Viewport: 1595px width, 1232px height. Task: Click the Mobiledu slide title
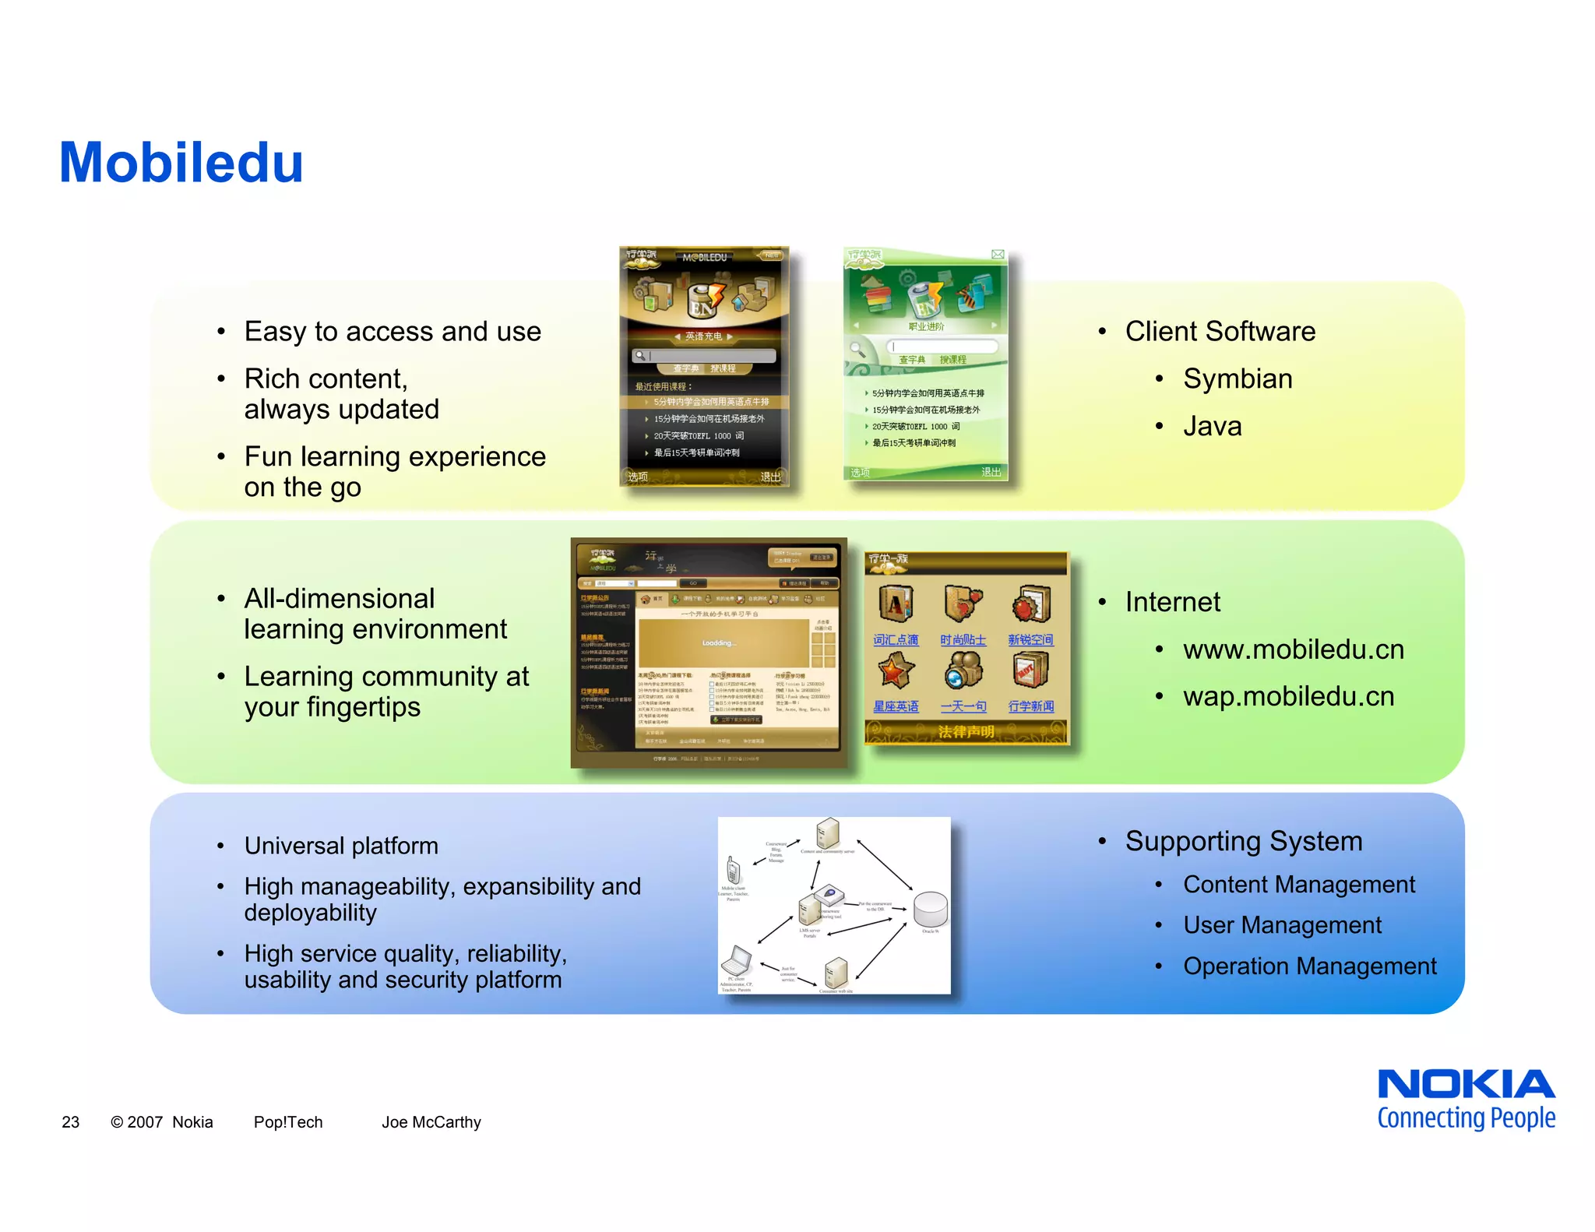point(181,163)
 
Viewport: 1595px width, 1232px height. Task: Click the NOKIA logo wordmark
point(1466,1084)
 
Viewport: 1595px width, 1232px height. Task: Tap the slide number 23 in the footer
point(70,1122)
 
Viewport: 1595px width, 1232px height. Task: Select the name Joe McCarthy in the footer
point(431,1122)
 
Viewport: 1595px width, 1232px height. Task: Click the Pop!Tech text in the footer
point(287,1122)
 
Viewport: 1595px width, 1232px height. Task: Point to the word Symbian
point(1237,379)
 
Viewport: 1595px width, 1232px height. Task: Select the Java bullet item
point(1212,427)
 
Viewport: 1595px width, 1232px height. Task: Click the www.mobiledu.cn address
point(1293,649)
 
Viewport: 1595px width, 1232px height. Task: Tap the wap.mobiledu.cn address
point(1288,696)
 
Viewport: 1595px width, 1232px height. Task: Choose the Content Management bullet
point(1298,885)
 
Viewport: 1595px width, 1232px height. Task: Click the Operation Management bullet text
point(1309,966)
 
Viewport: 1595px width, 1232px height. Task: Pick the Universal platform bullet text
point(341,846)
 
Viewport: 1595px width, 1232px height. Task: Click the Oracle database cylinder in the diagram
point(930,909)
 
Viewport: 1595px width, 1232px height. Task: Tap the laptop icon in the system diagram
point(736,960)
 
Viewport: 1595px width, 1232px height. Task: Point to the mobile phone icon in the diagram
point(732,870)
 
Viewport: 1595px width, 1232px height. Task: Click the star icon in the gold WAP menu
point(896,671)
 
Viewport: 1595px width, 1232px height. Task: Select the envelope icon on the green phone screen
point(997,255)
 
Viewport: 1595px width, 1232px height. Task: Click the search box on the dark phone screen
point(704,356)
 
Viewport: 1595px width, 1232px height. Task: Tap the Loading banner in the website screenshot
point(719,642)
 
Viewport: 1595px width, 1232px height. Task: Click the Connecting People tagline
point(1466,1118)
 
